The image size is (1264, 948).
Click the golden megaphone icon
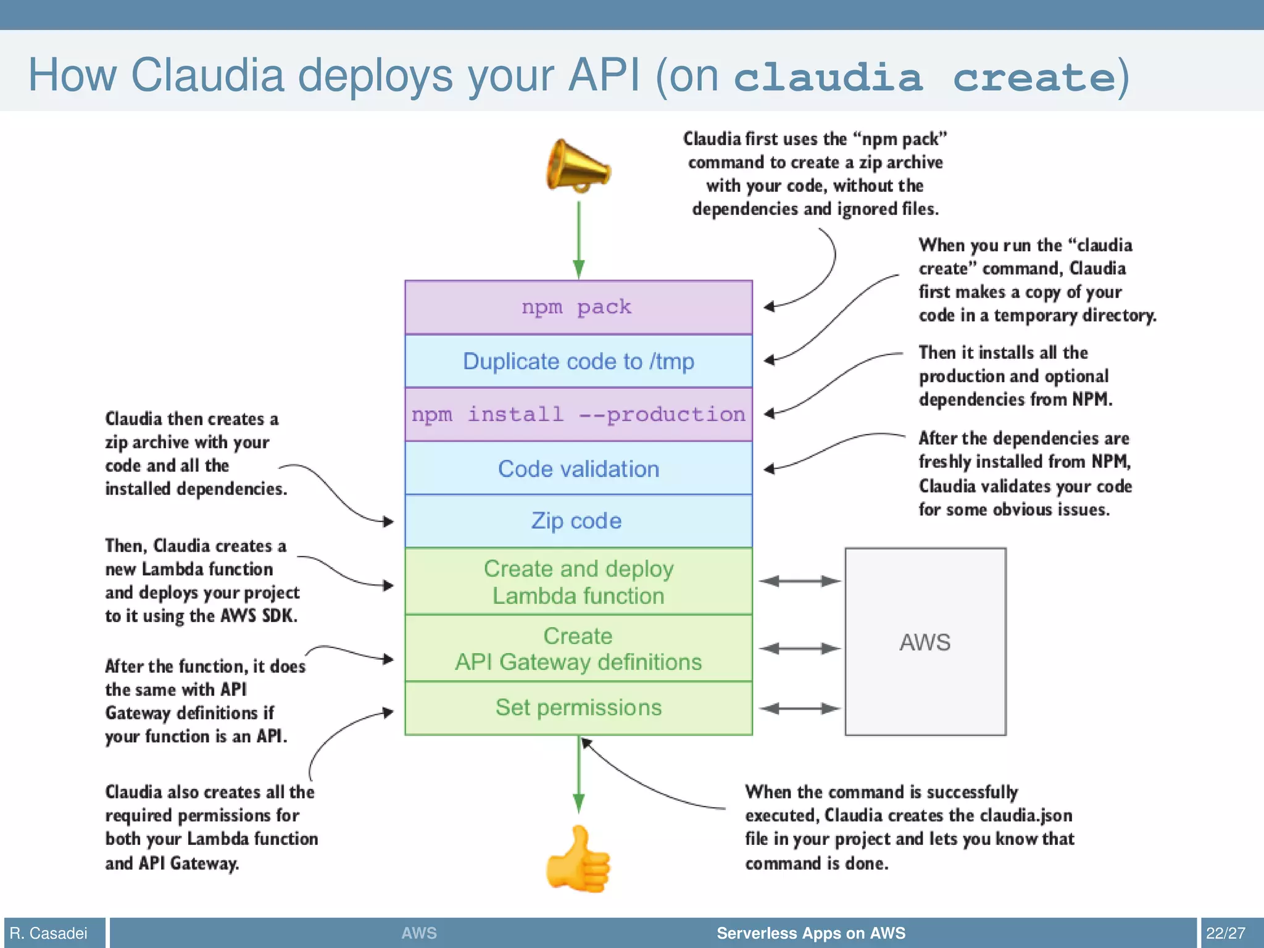(578, 165)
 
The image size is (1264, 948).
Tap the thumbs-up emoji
(578, 860)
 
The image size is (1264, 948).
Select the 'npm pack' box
(578, 307)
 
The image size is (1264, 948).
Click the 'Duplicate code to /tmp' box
(578, 361)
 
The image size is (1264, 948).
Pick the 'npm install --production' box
(578, 414)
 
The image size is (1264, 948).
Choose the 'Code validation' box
(578, 468)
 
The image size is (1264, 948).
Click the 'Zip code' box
(578, 521)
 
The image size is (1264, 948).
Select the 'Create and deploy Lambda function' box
(578, 581)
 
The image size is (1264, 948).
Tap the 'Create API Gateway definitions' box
(578, 649)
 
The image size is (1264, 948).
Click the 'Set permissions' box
(578, 707)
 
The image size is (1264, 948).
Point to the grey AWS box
(925, 642)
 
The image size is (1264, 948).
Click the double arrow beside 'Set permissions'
(799, 709)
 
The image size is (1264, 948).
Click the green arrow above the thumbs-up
(578, 775)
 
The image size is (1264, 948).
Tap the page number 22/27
(1225, 933)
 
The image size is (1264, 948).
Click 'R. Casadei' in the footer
(49, 933)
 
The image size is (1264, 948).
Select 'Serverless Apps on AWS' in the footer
(810, 933)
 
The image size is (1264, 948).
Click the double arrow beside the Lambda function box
(799, 581)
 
